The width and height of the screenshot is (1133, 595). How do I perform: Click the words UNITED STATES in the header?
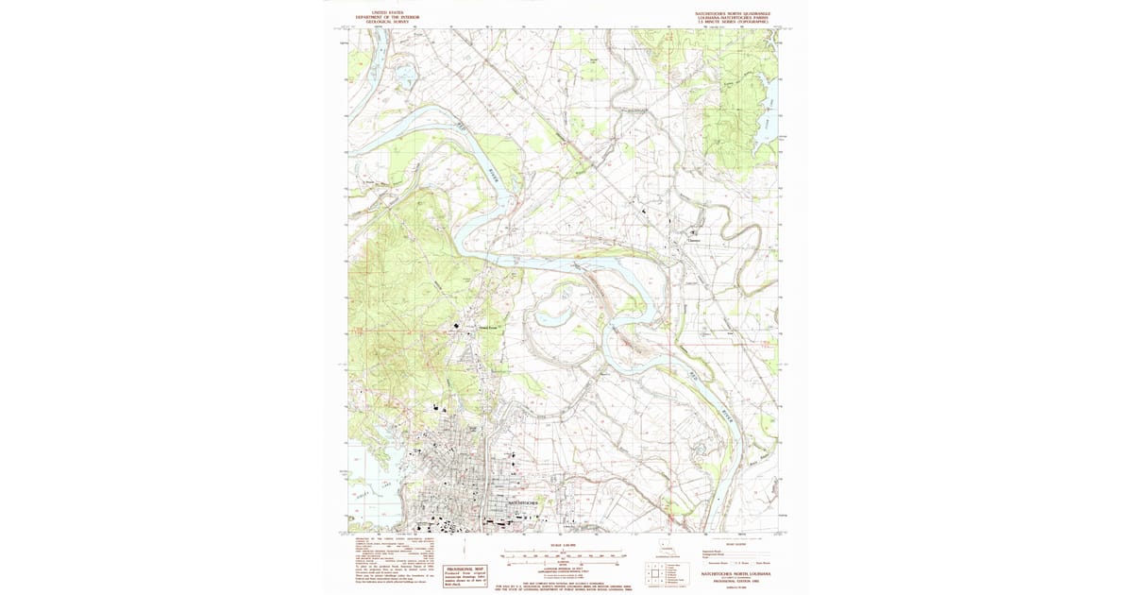point(387,13)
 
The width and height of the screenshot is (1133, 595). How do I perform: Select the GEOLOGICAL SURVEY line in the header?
point(387,22)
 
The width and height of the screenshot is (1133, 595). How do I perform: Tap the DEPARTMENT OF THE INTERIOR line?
point(387,17)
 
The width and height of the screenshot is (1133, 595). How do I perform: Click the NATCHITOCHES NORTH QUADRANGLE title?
point(733,13)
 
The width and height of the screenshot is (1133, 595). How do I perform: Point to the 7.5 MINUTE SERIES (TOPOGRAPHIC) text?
point(733,22)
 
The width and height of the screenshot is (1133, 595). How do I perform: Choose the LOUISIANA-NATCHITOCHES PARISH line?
point(733,17)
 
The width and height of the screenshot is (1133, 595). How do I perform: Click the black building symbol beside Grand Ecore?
point(458,327)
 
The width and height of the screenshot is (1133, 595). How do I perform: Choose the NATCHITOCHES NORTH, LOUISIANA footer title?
point(737,572)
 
